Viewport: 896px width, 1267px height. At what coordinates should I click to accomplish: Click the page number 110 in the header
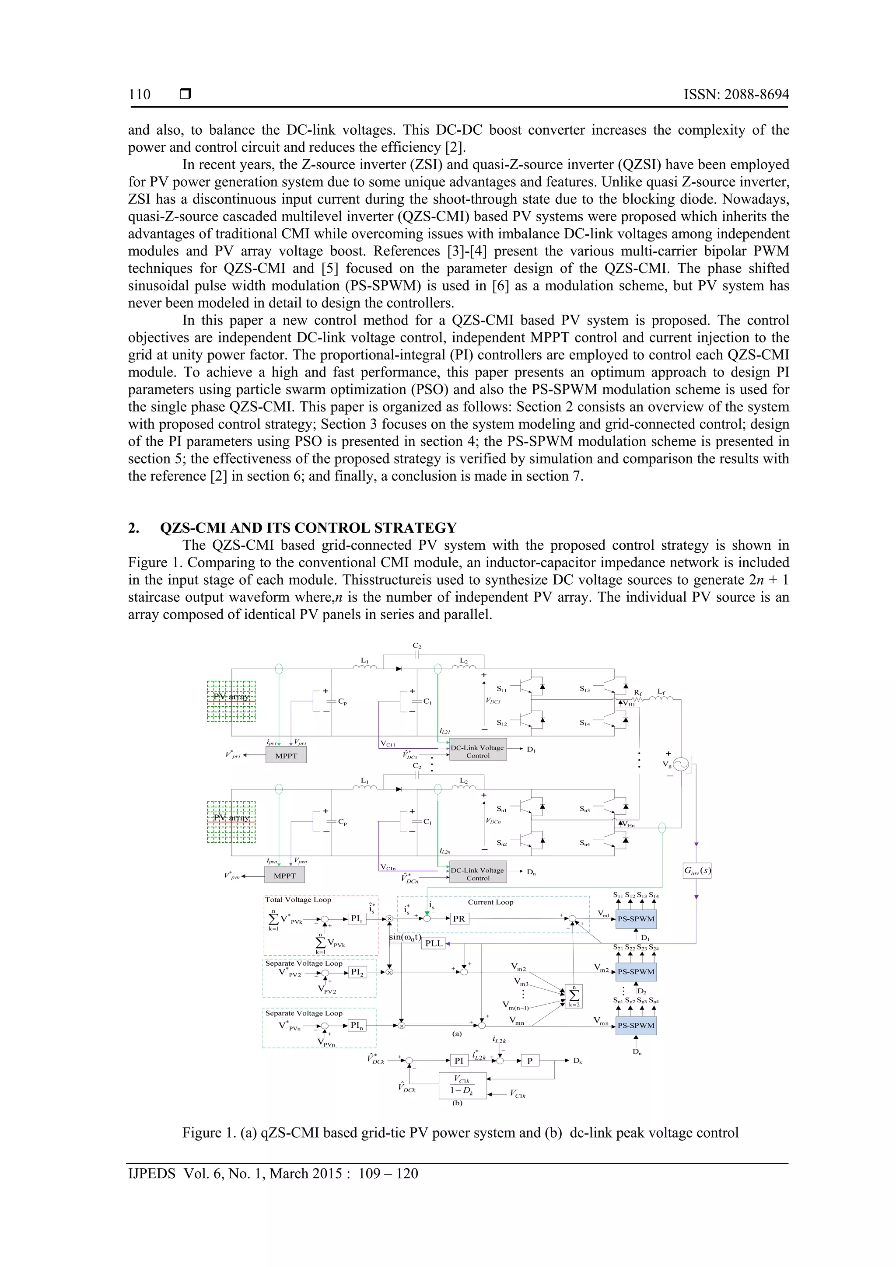[139, 94]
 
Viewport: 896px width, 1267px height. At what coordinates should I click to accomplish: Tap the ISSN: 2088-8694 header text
[736, 94]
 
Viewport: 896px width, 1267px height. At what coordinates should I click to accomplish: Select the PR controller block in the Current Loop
[459, 919]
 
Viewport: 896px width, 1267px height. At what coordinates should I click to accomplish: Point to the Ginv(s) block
[696, 871]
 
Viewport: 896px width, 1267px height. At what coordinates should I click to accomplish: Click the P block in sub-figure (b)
[530, 1061]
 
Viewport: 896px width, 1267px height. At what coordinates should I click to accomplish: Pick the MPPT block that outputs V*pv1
[286, 755]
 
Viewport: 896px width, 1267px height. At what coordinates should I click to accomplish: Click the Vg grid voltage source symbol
[681, 764]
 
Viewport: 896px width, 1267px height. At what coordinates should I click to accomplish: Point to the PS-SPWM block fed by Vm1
[636, 919]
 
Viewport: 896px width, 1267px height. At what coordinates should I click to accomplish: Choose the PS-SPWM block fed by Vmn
[636, 1025]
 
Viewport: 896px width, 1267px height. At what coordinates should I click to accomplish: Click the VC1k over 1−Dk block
[462, 1086]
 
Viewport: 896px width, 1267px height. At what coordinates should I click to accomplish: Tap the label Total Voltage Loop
[298, 900]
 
